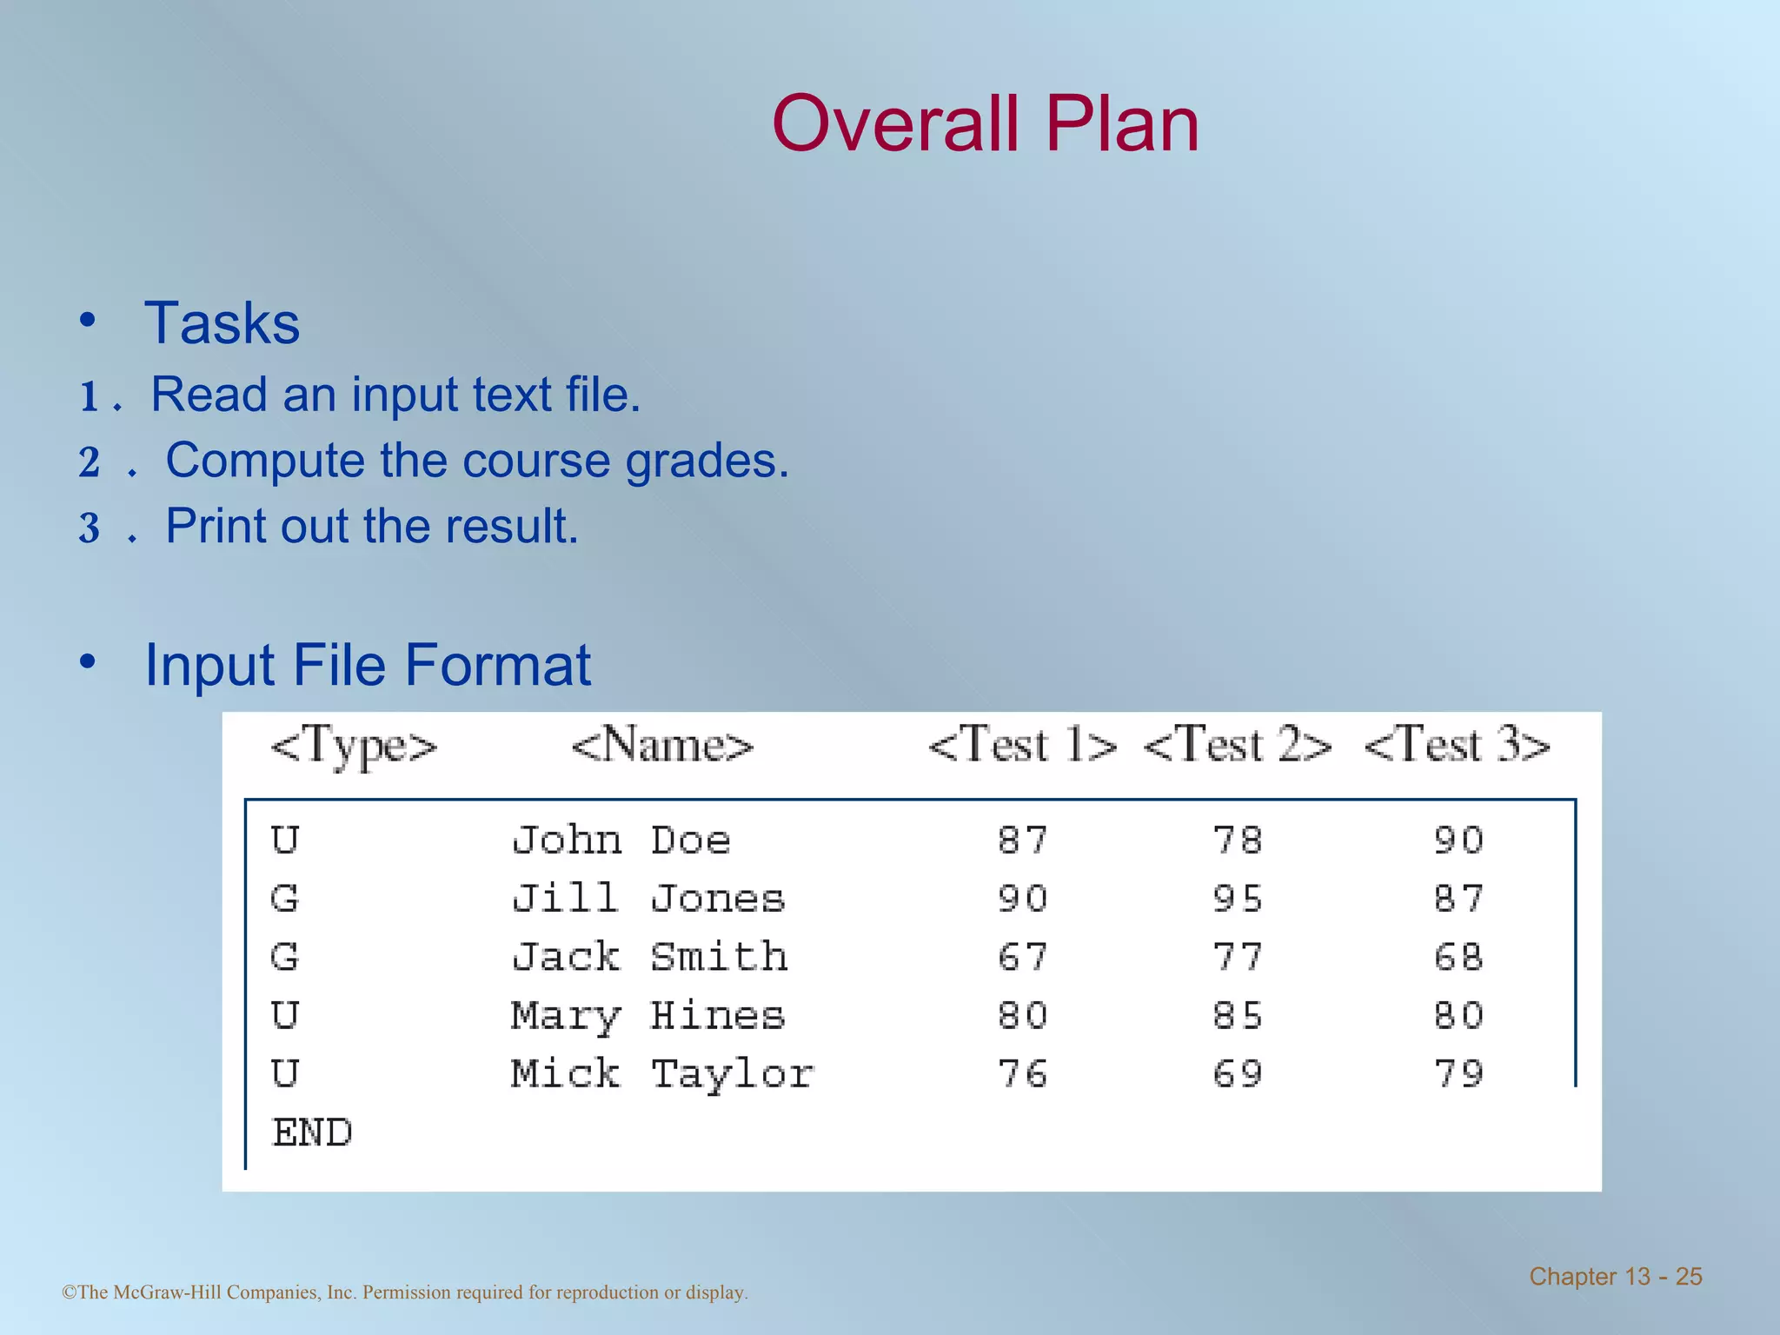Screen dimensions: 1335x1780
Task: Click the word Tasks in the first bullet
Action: click(222, 323)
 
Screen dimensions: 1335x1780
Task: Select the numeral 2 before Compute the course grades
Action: click(90, 462)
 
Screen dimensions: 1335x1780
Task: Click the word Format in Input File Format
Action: click(498, 666)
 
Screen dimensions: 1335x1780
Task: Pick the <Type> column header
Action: click(354, 746)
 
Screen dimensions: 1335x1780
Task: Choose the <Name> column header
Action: click(662, 746)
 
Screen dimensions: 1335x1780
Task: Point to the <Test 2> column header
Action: click(1237, 746)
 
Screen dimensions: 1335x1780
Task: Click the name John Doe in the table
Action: click(621, 840)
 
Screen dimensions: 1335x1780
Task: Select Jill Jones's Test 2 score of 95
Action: click(1238, 899)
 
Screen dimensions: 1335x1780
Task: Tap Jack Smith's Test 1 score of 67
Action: click(1022, 957)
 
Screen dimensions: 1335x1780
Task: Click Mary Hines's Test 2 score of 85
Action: click(1238, 1015)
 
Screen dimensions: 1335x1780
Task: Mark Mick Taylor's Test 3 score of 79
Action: click(1458, 1074)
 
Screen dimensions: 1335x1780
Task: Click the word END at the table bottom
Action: click(312, 1132)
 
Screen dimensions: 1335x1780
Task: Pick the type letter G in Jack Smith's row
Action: click(284, 957)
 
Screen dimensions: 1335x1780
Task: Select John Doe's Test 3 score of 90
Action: click(1458, 840)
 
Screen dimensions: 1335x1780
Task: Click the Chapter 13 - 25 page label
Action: click(1615, 1276)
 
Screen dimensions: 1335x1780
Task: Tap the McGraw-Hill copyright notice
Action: click(405, 1292)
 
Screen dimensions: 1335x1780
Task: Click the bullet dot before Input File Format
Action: click(87, 662)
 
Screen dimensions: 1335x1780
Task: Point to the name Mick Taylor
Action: click(662, 1074)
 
